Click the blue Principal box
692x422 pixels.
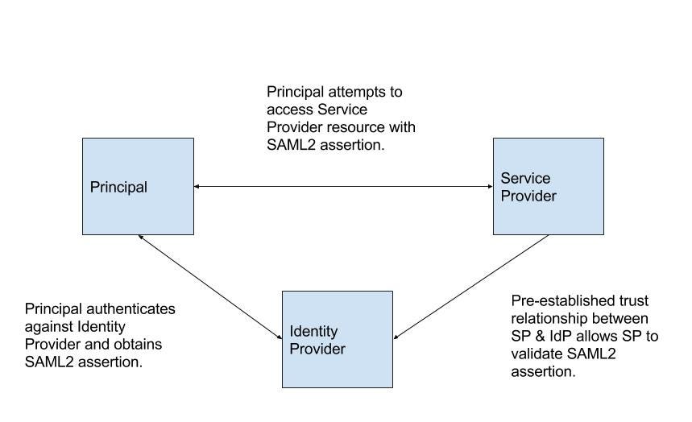138,186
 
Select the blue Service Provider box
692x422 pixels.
548,186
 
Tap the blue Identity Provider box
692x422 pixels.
337,339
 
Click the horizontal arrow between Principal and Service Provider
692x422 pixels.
343,187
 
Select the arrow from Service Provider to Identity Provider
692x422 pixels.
471,287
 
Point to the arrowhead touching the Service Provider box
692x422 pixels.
489,187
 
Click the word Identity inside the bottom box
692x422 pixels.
313,332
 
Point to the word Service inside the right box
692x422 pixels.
525,178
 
